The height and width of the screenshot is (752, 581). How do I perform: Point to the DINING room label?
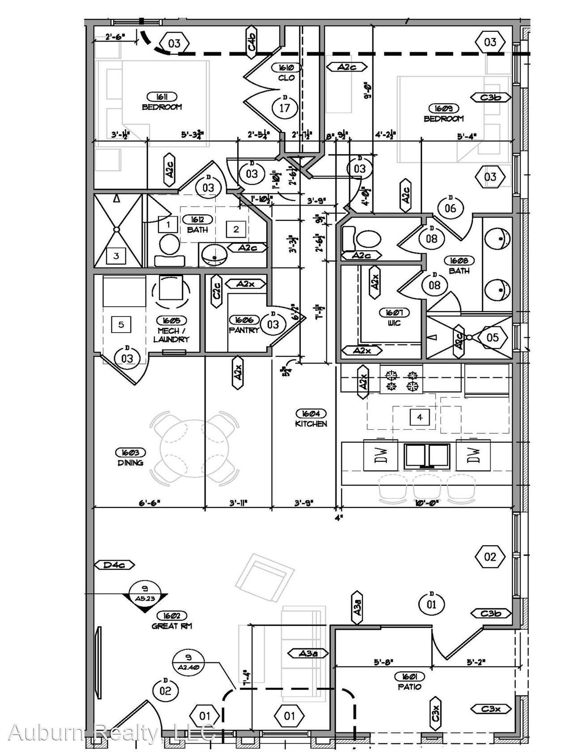131,462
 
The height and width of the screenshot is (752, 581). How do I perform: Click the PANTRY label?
244,330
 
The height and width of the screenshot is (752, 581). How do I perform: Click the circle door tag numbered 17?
284,107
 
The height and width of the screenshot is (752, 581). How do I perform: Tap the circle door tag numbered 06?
450,208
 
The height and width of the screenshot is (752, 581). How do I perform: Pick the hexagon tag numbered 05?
492,337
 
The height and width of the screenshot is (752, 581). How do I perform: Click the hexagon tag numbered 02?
490,556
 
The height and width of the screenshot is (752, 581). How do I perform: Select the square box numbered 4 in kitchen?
419,417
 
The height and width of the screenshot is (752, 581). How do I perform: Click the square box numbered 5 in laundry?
121,324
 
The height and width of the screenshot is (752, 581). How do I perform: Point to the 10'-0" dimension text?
426,503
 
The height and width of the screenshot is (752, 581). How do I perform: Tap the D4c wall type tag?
114,565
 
